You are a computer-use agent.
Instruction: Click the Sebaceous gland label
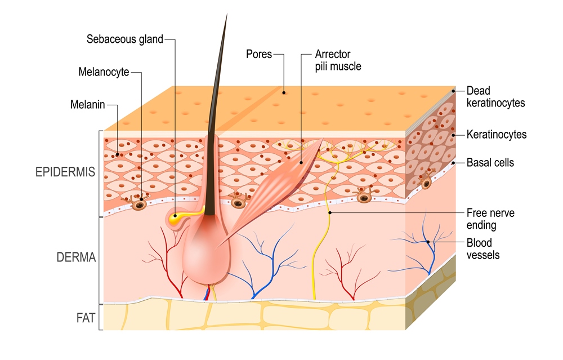coord(124,39)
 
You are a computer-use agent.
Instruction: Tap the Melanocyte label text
coord(104,72)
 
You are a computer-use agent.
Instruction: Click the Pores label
coord(259,54)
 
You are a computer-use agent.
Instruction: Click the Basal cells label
coord(490,163)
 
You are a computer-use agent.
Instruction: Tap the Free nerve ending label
coord(490,219)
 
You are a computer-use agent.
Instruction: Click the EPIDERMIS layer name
coord(66,171)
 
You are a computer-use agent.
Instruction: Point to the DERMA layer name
coord(76,257)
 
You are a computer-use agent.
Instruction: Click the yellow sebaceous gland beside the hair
coord(176,216)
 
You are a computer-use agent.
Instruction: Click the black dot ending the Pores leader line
coord(284,93)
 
